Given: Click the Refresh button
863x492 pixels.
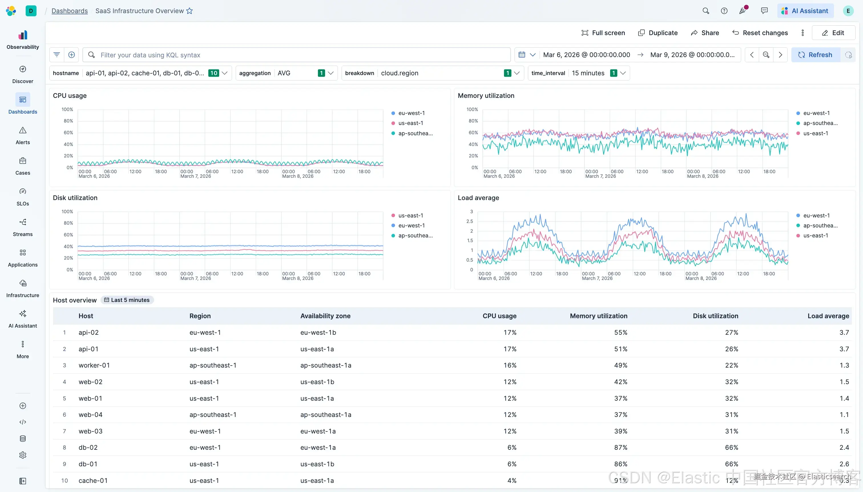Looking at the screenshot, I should pyautogui.click(x=815, y=55).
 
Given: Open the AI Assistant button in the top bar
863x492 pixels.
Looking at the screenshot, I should pyautogui.click(x=806, y=11).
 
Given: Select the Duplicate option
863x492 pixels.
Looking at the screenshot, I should pyautogui.click(x=658, y=33).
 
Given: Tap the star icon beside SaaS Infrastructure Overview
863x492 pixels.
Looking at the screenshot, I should pyautogui.click(x=189, y=11).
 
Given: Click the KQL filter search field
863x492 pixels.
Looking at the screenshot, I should pyautogui.click(x=297, y=55).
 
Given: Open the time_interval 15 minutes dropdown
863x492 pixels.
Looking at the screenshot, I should pyautogui.click(x=578, y=73).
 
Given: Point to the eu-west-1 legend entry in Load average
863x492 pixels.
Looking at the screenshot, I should pyautogui.click(x=816, y=215).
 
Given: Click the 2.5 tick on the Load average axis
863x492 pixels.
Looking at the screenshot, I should pyautogui.click(x=469, y=221).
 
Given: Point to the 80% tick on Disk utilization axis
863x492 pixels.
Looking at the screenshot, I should pyautogui.click(x=68, y=223).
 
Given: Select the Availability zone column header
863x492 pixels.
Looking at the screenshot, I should pyautogui.click(x=325, y=316).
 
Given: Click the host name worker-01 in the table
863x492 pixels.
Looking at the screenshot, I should pyautogui.click(x=94, y=365).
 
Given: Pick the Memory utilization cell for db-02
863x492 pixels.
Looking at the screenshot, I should pyautogui.click(x=620, y=447).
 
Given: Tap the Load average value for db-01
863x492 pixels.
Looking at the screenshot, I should pyautogui.click(x=844, y=464).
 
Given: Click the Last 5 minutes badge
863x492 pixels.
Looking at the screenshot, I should pyautogui.click(x=127, y=300).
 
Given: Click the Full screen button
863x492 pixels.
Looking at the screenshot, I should pyautogui.click(x=603, y=33).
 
